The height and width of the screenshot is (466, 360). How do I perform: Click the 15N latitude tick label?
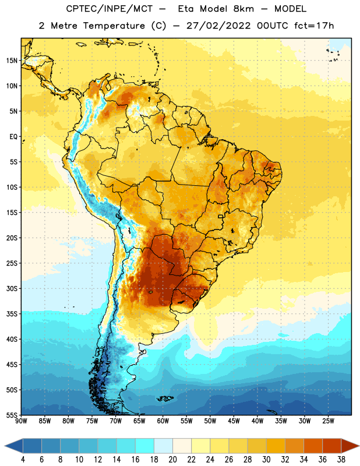click(x=12, y=61)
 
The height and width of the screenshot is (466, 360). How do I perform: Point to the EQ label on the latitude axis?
click(x=13, y=137)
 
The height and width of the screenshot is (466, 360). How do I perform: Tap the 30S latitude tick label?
click(x=12, y=288)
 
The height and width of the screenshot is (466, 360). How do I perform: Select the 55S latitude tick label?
click(x=12, y=415)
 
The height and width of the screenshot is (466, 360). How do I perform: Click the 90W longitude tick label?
click(x=21, y=421)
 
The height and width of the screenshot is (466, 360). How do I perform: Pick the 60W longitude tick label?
click(x=163, y=421)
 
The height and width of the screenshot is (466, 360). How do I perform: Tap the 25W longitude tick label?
click(x=328, y=421)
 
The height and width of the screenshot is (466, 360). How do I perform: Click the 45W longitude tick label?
click(x=234, y=421)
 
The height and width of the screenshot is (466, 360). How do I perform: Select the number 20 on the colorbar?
click(x=172, y=460)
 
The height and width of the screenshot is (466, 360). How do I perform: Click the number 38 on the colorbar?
click(x=341, y=460)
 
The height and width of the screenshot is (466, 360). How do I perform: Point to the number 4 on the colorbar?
click(x=23, y=460)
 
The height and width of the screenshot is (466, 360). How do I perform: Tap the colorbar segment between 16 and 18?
click(x=145, y=446)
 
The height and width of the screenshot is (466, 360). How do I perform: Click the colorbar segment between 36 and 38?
click(x=332, y=446)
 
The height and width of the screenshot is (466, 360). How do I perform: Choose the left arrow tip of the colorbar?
click(x=5, y=446)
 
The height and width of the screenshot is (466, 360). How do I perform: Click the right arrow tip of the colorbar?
click(x=359, y=446)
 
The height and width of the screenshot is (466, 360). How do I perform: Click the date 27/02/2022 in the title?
click(x=218, y=26)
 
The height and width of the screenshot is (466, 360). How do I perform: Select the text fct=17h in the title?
click(x=314, y=26)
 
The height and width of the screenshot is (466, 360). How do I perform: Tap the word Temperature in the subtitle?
click(x=114, y=26)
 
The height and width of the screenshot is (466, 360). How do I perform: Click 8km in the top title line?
click(x=243, y=9)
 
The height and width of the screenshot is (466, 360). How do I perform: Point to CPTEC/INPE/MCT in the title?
click(x=110, y=9)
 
